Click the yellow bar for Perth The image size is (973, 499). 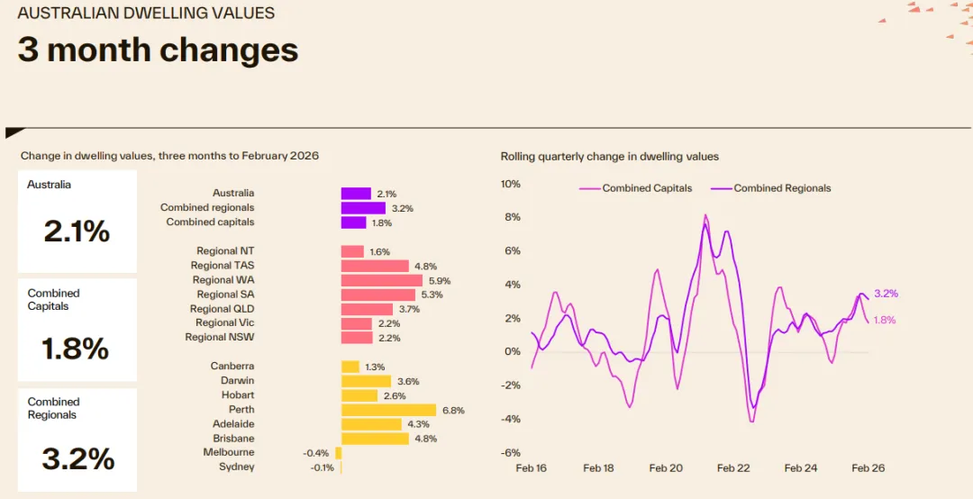(388, 410)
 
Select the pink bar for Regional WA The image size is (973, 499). (382, 280)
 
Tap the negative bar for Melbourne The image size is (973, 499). (339, 453)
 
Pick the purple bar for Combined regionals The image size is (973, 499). (363, 208)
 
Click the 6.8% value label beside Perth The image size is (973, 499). (453, 410)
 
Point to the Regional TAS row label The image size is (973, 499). (223, 266)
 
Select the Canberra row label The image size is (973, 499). (232, 367)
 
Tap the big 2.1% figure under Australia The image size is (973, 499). (77, 231)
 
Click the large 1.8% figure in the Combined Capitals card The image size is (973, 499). (77, 349)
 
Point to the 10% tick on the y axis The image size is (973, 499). (511, 184)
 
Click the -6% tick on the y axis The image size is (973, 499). (511, 453)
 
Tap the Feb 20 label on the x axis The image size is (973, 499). (666, 468)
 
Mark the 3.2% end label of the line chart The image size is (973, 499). (886, 294)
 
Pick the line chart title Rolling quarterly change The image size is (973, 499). (610, 157)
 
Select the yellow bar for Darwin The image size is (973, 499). (366, 381)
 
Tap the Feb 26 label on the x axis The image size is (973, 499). (868, 468)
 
